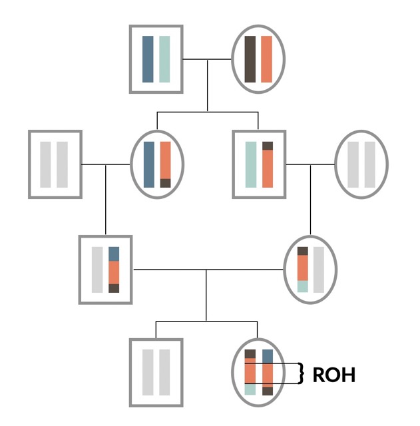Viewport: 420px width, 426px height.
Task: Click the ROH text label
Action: click(x=334, y=375)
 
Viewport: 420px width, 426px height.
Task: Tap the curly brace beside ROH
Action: click(x=300, y=373)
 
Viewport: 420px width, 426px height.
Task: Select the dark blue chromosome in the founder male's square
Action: click(x=148, y=59)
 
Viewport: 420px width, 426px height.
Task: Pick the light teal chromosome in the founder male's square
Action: click(x=164, y=59)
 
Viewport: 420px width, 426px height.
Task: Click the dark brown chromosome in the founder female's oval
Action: click(x=250, y=59)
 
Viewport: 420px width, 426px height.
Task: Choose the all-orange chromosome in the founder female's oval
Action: click(x=266, y=59)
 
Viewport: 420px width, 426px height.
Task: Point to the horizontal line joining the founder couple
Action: click(x=207, y=59)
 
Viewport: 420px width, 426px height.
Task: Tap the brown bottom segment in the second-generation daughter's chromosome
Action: click(x=166, y=183)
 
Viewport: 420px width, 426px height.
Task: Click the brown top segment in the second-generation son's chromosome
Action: click(x=268, y=146)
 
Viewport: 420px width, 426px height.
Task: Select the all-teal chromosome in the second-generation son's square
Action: click(x=251, y=164)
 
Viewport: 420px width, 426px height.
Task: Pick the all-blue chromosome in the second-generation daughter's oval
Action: click(x=149, y=164)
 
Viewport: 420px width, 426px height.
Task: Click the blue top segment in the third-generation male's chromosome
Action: click(x=114, y=254)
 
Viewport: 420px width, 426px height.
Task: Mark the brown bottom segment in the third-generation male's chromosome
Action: click(x=114, y=288)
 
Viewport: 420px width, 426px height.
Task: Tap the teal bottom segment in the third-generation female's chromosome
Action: click(x=303, y=287)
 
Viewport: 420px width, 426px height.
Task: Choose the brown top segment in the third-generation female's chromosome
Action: click(x=303, y=251)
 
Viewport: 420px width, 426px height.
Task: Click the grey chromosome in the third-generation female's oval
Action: click(x=319, y=270)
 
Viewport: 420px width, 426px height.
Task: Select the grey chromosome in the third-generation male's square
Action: click(x=97, y=270)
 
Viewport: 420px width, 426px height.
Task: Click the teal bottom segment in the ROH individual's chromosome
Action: click(x=250, y=389)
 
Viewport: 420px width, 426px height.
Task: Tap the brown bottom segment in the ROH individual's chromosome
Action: click(x=268, y=391)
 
